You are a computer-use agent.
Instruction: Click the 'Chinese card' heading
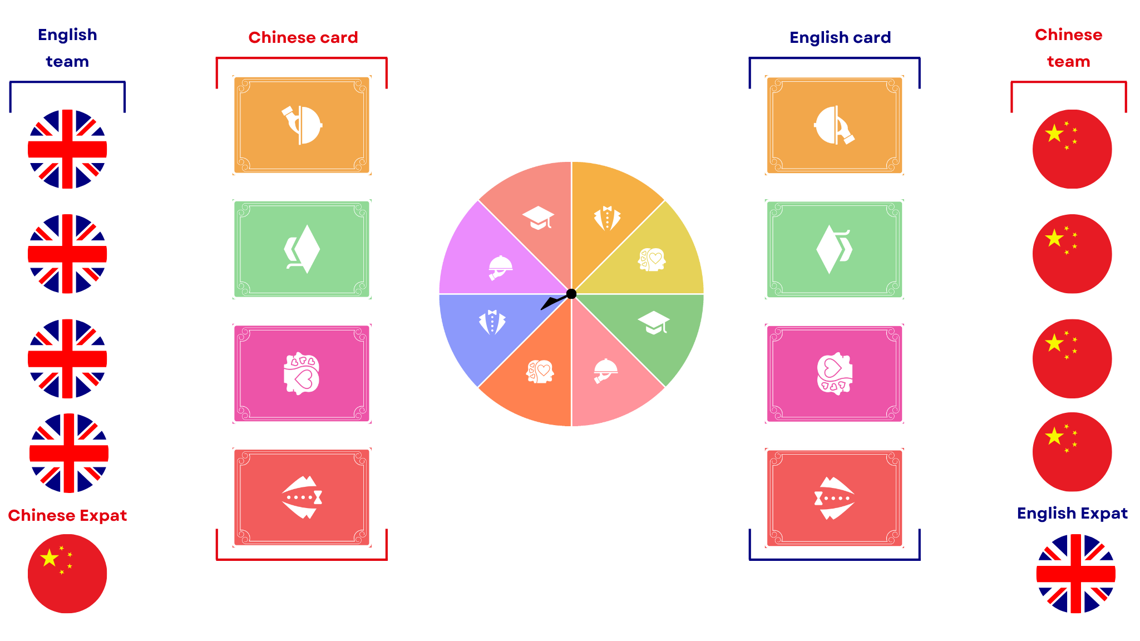click(303, 37)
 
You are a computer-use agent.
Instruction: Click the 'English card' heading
click(840, 37)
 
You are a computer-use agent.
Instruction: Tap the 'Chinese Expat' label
click(67, 515)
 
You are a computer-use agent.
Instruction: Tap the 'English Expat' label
click(1072, 513)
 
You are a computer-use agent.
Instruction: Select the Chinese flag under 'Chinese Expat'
click(67, 574)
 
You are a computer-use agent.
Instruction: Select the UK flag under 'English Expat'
click(1075, 574)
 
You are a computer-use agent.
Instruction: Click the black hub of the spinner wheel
click(571, 294)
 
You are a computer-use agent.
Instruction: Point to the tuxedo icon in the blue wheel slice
click(492, 322)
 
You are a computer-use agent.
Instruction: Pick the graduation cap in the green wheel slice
click(654, 323)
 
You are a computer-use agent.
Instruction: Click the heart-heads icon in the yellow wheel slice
click(652, 259)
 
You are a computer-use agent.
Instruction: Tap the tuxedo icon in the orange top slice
click(607, 218)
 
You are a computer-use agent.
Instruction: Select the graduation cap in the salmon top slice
click(538, 218)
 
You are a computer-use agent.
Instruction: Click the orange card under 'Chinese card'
click(302, 125)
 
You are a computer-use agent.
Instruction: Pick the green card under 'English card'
click(834, 249)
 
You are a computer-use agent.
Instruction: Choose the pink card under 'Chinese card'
click(302, 373)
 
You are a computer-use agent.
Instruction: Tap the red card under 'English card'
click(834, 498)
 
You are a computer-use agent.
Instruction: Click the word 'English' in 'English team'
click(67, 34)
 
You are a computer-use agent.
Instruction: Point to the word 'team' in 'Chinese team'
click(1068, 61)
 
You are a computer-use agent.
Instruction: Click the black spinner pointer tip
click(542, 308)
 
